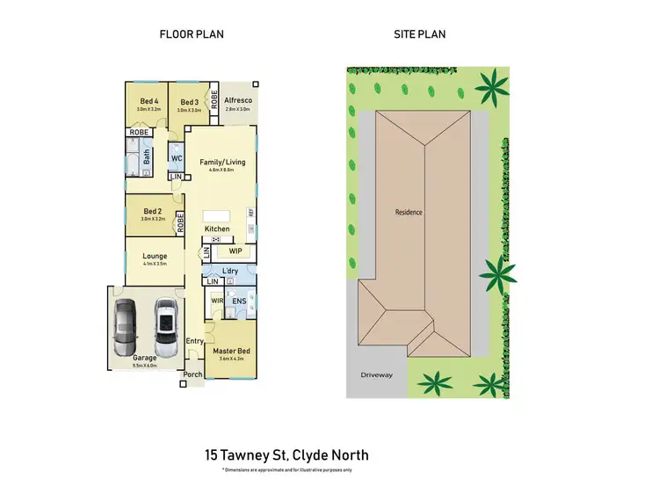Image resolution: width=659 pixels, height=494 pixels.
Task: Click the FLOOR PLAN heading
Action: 191,35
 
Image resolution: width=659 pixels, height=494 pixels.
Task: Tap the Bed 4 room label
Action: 148,102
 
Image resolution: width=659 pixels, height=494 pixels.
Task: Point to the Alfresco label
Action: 238,102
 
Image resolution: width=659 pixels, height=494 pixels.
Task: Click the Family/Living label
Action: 222,162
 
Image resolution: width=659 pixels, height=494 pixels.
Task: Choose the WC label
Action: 176,159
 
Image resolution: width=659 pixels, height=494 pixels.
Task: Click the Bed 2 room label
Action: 153,212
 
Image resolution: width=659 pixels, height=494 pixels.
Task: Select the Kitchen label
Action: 217,229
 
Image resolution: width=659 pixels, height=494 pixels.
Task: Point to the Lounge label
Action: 155,257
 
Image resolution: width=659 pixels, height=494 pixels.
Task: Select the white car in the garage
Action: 166,323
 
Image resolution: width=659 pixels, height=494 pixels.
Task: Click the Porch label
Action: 192,374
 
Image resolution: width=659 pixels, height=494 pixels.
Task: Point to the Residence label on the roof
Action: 409,212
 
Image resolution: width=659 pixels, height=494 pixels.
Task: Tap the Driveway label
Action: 376,374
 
